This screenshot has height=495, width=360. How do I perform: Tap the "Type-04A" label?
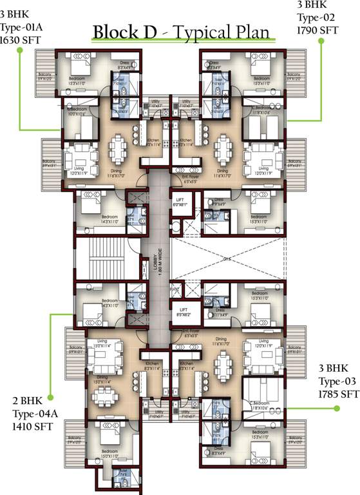[x=32, y=413]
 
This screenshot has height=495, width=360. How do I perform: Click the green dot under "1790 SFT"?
[x=320, y=41]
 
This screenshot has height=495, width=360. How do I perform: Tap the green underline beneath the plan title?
[x=184, y=42]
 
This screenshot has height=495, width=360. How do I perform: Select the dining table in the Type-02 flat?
[x=222, y=144]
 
